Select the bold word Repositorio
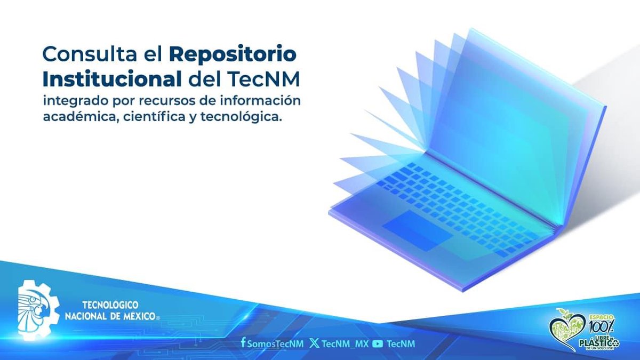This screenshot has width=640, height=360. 233,54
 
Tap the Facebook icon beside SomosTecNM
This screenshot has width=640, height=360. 243,343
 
